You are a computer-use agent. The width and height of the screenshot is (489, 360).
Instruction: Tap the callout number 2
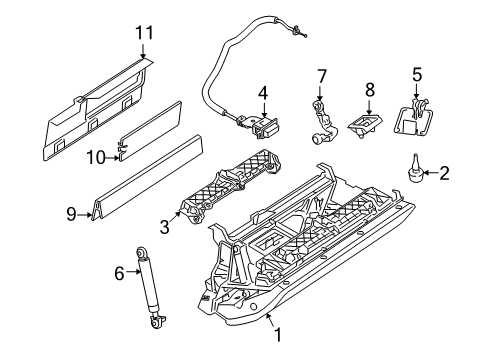tap(444, 174)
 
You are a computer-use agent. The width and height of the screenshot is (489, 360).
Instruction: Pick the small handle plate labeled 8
tap(365, 125)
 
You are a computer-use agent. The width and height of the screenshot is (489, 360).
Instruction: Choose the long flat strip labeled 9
tap(150, 186)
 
